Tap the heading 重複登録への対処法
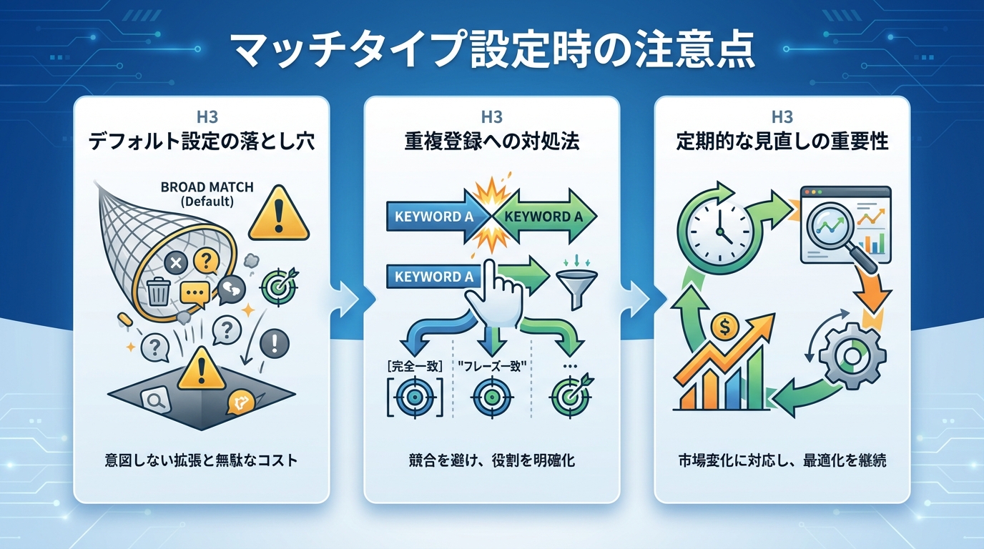pyautogui.click(x=491, y=141)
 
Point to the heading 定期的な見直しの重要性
pyautogui.click(x=782, y=141)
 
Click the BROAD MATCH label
pyautogui.click(x=197, y=188)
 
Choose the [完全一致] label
pyautogui.click(x=413, y=366)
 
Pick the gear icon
pyautogui.click(x=851, y=355)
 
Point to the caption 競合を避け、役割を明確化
pyautogui.click(x=491, y=460)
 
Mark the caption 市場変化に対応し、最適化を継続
pyautogui.click(x=782, y=460)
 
